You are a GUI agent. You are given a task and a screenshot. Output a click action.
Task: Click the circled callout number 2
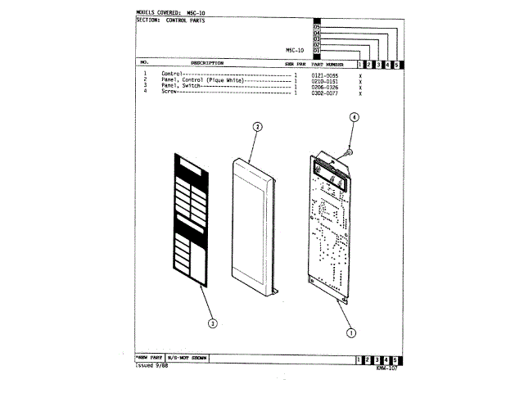[256, 127]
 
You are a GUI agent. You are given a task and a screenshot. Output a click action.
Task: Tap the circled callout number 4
[355, 117]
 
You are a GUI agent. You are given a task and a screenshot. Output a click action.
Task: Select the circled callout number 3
[212, 324]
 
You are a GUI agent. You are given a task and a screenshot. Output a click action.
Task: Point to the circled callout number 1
[351, 333]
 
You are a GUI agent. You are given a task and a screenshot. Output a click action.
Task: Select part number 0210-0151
[324, 80]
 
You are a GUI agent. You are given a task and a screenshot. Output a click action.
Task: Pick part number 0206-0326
[324, 86]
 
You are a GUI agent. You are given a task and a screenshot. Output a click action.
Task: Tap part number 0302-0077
[324, 92]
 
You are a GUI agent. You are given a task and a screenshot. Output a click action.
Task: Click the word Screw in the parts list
[169, 92]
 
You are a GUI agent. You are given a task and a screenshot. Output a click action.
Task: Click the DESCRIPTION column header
[207, 63]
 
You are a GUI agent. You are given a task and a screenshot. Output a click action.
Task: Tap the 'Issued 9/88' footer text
[151, 366]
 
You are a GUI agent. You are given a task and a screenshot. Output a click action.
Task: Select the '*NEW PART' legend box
[149, 359]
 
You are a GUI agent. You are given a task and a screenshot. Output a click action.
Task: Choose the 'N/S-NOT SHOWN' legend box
[187, 359]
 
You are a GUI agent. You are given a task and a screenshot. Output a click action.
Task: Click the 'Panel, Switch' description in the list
[180, 86]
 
